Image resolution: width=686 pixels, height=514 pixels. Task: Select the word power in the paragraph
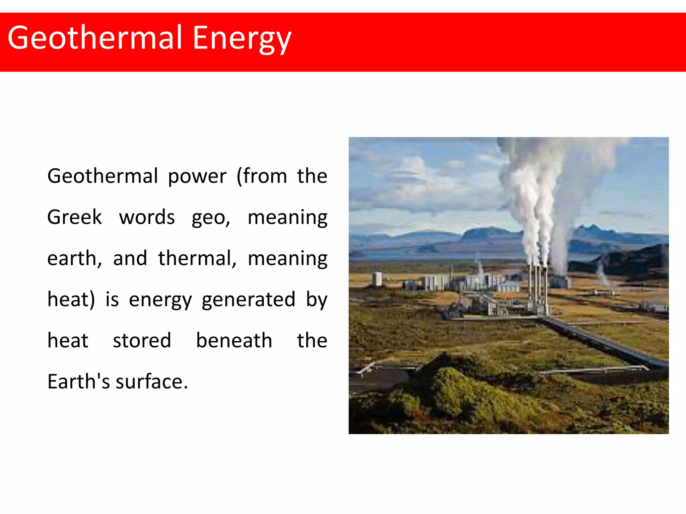197,177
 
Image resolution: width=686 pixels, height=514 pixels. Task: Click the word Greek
74,217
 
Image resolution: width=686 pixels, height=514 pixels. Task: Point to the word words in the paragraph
147,217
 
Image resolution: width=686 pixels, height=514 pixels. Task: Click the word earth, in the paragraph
74,258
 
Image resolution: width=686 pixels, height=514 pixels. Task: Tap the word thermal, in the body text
197,258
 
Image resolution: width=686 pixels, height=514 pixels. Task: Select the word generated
248,300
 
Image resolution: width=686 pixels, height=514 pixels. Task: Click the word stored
142,341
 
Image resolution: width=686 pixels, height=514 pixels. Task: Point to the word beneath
234,341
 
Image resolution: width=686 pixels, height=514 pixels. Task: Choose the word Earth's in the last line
78,381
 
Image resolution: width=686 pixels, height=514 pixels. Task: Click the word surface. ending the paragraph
152,382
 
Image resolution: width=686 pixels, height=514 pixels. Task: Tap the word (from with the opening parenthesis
262,176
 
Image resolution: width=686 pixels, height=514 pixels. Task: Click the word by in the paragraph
316,300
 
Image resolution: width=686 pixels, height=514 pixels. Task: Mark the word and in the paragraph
130,258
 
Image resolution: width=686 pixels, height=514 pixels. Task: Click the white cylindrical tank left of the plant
377,279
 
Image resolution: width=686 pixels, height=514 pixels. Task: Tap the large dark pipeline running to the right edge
603,343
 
